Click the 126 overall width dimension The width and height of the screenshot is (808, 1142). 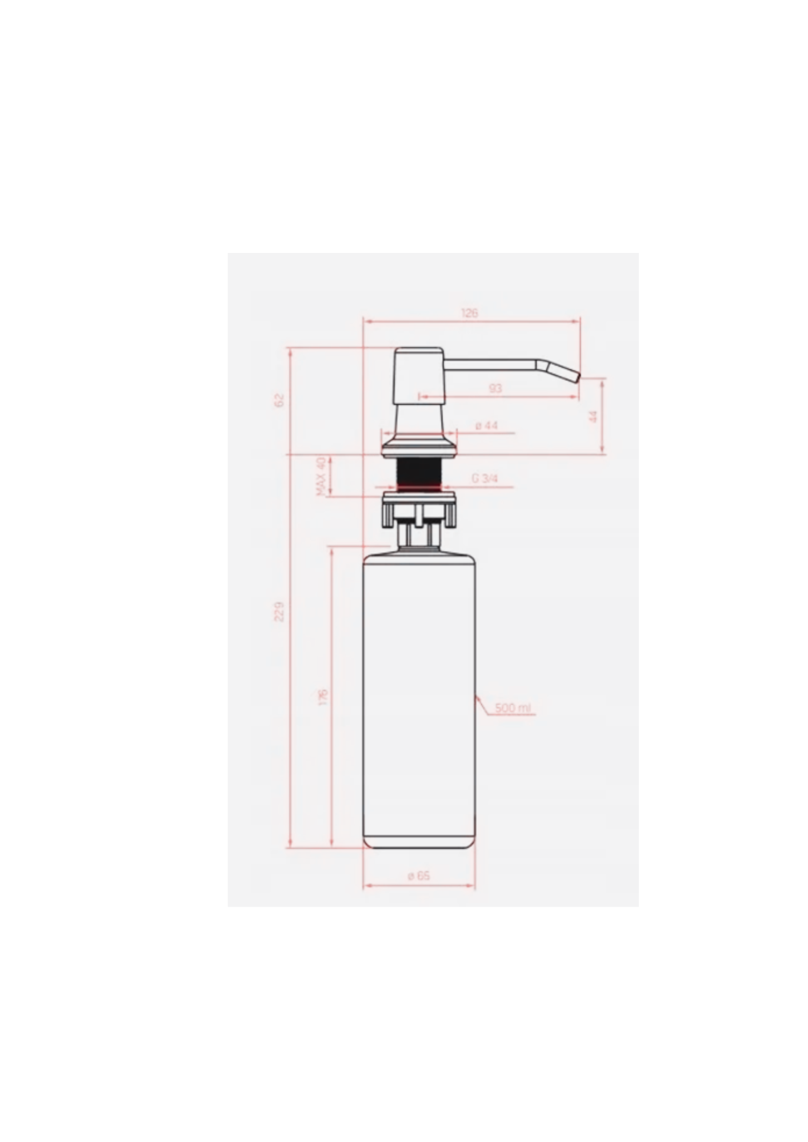point(469,313)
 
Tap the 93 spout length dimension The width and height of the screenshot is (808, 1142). point(495,388)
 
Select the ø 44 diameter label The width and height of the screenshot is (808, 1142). point(486,425)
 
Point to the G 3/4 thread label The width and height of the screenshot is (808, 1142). point(485,478)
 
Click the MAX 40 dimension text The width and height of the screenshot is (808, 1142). point(321,476)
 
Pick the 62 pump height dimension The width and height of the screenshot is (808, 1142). point(279,400)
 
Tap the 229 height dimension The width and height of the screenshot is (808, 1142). point(279,612)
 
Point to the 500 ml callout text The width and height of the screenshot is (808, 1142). point(513,708)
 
